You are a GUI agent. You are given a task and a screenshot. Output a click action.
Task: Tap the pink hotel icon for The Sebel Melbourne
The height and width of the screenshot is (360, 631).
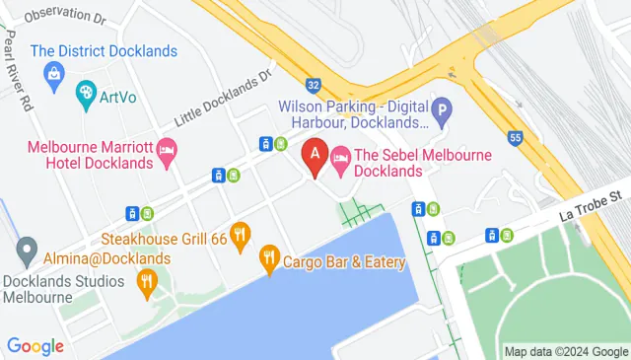point(341,157)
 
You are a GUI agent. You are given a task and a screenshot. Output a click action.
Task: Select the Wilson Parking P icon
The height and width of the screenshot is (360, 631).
point(444,112)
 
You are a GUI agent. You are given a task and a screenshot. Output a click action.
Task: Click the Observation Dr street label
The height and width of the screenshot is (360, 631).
point(64,16)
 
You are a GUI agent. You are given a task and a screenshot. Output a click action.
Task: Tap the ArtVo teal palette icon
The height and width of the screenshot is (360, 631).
point(86,94)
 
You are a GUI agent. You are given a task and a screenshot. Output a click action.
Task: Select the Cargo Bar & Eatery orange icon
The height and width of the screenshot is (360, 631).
point(268,260)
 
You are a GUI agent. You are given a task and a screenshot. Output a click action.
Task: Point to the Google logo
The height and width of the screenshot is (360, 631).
point(35,346)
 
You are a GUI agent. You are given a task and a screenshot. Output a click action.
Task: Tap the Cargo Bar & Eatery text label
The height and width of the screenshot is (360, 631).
point(344,261)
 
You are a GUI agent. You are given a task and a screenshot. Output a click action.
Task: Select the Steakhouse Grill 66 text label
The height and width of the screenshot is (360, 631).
point(165,239)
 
